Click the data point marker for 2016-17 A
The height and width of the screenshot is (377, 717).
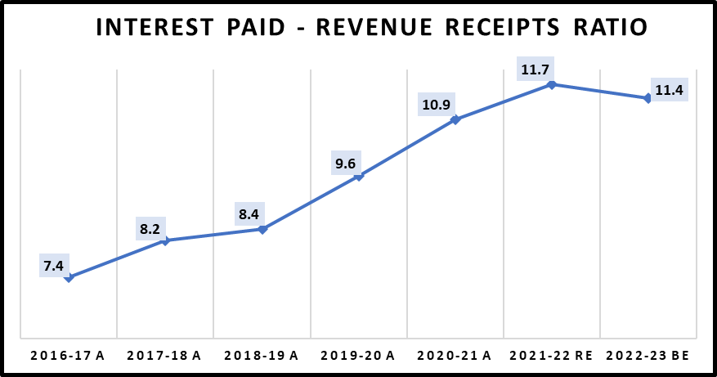click(69, 278)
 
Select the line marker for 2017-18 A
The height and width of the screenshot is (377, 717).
click(165, 240)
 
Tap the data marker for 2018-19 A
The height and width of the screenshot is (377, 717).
click(262, 230)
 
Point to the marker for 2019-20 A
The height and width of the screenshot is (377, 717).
click(358, 176)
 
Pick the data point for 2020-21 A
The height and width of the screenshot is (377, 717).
click(455, 120)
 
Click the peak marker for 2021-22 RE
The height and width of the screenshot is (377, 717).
click(552, 84)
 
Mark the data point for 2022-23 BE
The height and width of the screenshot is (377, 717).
click(648, 98)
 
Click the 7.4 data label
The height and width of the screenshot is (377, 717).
click(53, 265)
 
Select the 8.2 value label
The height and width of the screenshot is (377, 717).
click(150, 228)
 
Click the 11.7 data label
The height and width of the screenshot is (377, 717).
click(533, 70)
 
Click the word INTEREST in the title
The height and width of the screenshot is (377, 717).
click(155, 27)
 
